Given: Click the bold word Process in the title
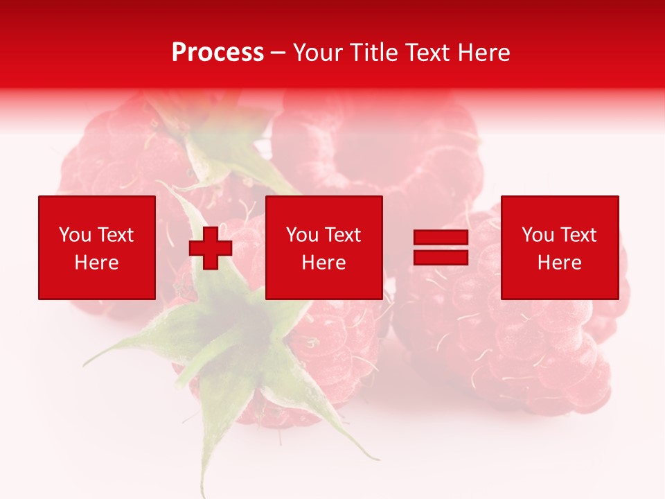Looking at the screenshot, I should click(x=218, y=53).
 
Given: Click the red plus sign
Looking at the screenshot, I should click(x=211, y=248).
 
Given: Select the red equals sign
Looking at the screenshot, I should click(x=441, y=248).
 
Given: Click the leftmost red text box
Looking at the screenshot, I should click(x=97, y=247).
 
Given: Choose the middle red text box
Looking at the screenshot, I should click(x=324, y=247).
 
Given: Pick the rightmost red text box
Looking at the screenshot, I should click(x=560, y=247).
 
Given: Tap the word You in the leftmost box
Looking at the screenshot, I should click(x=74, y=235).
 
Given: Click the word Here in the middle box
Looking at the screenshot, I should click(x=324, y=263).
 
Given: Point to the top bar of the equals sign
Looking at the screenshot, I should click(x=441, y=238).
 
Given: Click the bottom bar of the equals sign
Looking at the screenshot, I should click(x=441, y=258).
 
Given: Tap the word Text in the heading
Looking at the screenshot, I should click(x=423, y=53).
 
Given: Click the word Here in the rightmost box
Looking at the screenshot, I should click(x=560, y=263).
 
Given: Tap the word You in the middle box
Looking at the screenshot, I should click(x=302, y=235).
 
